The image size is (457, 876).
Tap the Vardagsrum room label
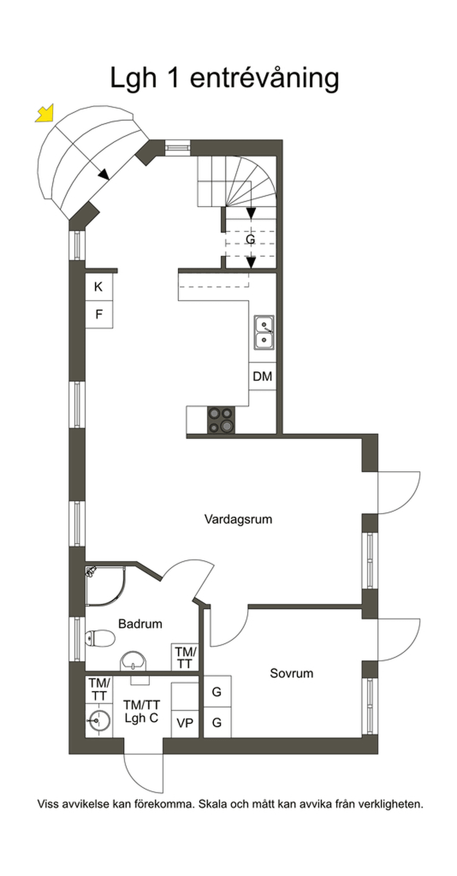[x=238, y=519]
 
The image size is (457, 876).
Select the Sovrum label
[x=291, y=673]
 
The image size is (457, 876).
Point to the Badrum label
[x=140, y=624]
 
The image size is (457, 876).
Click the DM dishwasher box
[x=262, y=376]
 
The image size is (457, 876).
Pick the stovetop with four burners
[x=221, y=420]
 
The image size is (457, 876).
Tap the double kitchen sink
[x=264, y=332]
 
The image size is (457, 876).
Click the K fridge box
[x=99, y=287]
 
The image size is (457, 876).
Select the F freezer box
[x=99, y=315]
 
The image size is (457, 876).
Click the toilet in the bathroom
[x=100, y=638]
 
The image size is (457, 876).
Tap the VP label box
[x=185, y=723]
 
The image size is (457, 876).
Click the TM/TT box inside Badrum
[x=185, y=657]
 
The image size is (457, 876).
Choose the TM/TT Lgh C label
[x=141, y=711]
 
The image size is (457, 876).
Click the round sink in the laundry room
[x=98, y=719]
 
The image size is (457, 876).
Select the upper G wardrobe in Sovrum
[x=217, y=692]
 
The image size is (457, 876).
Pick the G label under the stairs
[x=250, y=240]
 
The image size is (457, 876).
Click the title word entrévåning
[x=265, y=78]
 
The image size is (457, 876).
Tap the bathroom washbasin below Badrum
[x=133, y=661]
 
